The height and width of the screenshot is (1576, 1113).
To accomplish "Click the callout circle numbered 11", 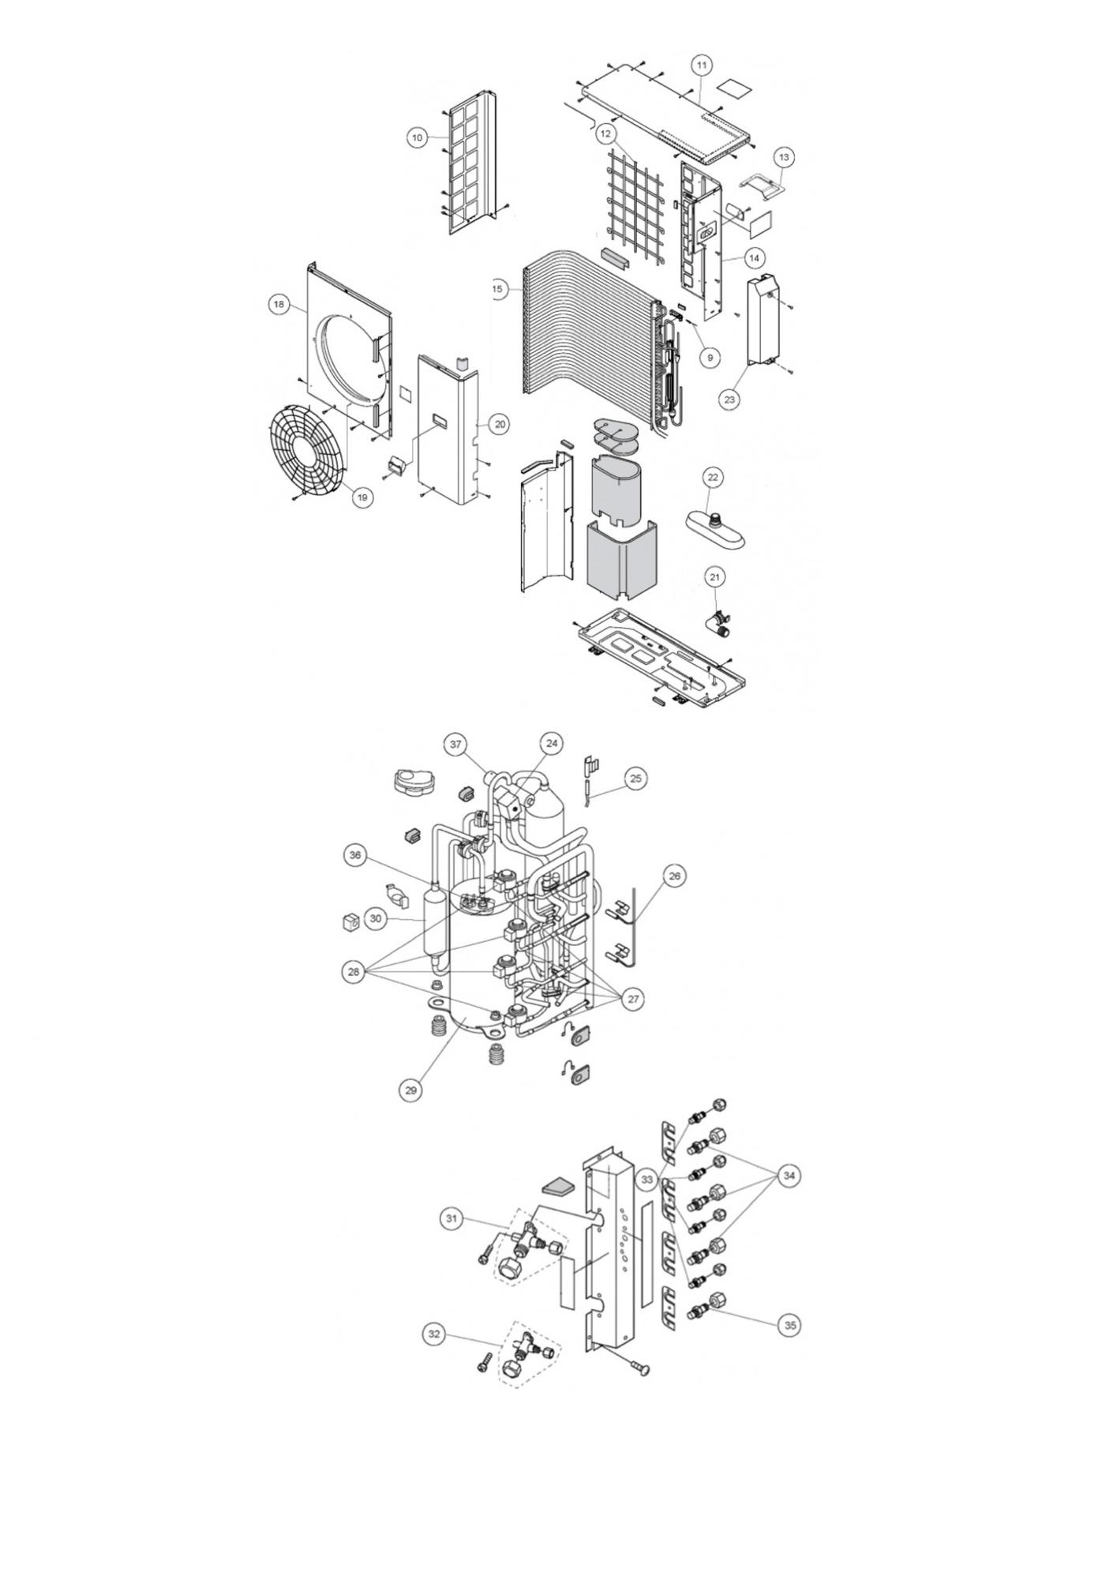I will [x=701, y=65].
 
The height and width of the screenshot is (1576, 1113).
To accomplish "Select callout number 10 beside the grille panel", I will [x=418, y=137].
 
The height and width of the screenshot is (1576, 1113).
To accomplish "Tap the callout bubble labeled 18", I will [x=278, y=304].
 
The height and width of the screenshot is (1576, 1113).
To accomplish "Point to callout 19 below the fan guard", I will [x=362, y=497].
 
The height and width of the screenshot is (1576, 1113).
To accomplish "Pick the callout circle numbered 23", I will [x=729, y=400].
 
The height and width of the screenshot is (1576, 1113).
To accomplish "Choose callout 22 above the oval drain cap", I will [x=713, y=478].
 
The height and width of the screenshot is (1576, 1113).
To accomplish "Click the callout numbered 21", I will [x=714, y=578].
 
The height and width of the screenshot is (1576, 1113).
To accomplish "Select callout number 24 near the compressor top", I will [x=552, y=743].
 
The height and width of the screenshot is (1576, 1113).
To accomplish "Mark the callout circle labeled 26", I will [x=674, y=876].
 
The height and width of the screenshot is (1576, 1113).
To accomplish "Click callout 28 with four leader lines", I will [x=354, y=972].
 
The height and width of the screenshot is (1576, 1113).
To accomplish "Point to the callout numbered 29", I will [x=410, y=1090].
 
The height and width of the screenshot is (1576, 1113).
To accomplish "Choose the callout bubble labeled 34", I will [x=789, y=1176].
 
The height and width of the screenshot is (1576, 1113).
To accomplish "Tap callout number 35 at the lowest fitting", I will [x=790, y=1325].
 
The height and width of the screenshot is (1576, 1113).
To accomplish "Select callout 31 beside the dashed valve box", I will [x=452, y=1219].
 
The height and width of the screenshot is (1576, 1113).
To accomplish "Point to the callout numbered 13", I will [x=784, y=158].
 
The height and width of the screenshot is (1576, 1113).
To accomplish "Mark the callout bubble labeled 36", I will [x=356, y=856].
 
